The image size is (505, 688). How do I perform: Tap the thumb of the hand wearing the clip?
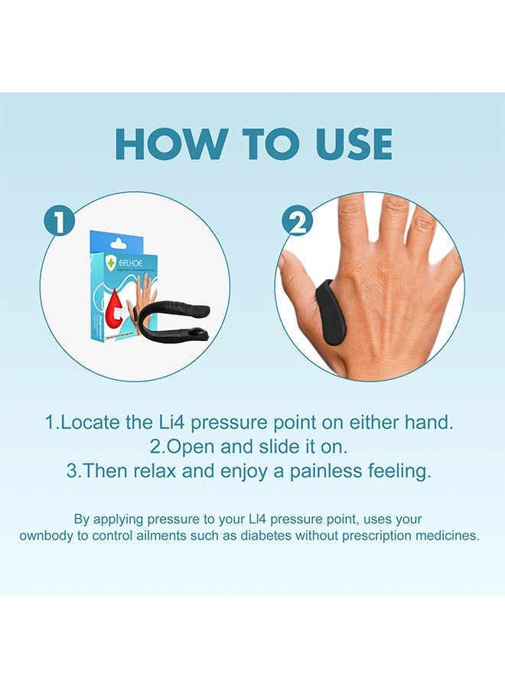(298, 290)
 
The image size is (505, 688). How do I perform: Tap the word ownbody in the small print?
(47, 536)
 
